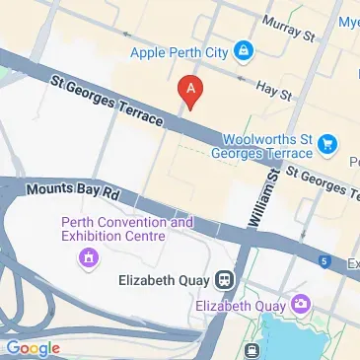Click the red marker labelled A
(x=190, y=92)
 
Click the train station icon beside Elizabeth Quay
(x=226, y=279)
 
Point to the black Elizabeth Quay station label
(x=166, y=279)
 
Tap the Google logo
(x=33, y=347)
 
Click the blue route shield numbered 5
(x=324, y=260)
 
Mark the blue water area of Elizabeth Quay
(x=296, y=340)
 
